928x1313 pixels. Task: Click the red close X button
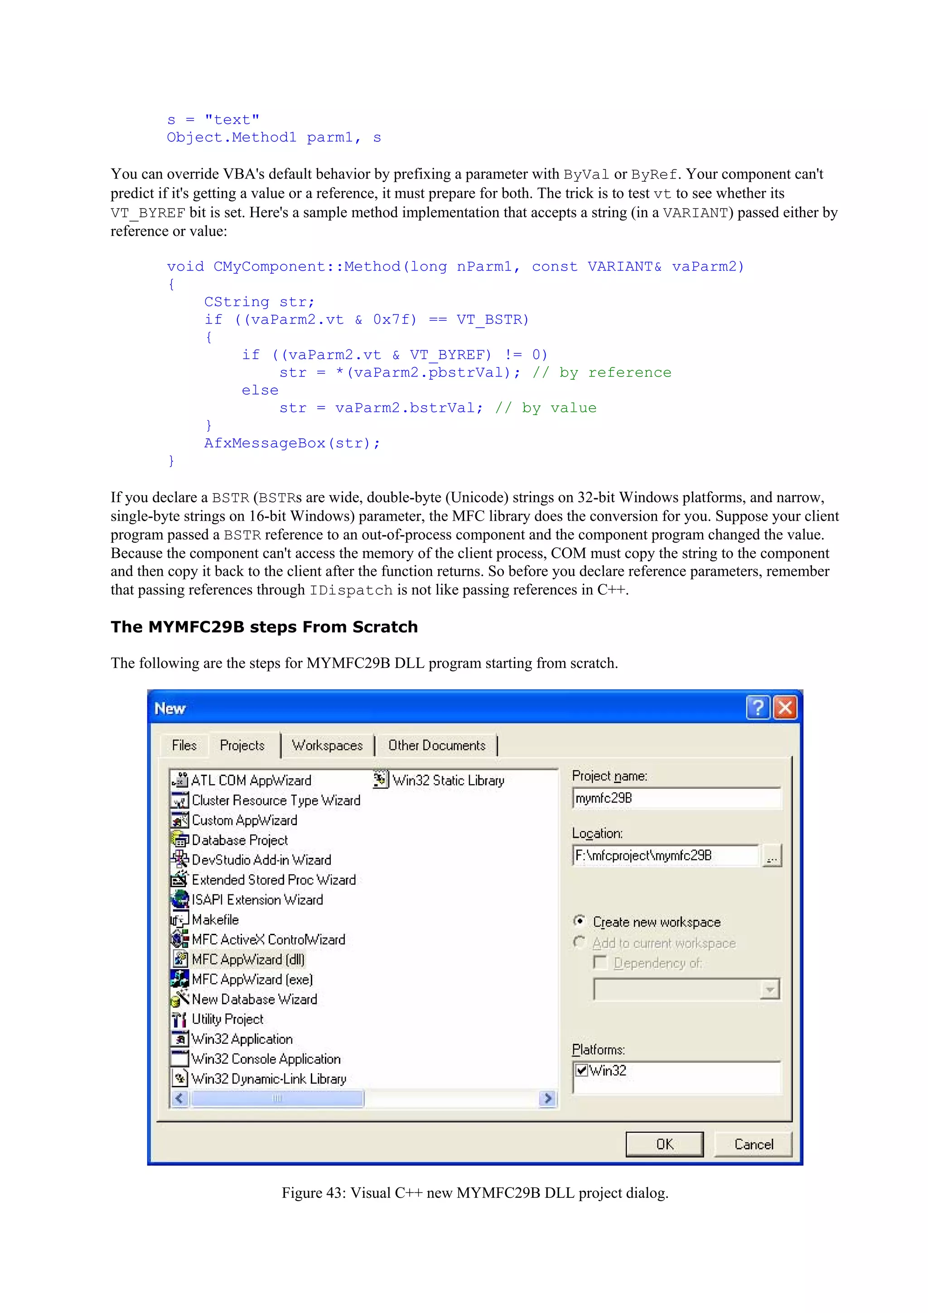point(786,708)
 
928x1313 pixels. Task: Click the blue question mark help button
point(758,708)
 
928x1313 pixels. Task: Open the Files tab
point(184,745)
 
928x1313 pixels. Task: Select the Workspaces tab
point(327,745)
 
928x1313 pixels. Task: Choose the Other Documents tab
point(437,745)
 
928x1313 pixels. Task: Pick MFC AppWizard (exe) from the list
point(252,979)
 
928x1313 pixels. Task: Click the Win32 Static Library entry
point(448,781)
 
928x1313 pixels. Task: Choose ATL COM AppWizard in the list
point(251,781)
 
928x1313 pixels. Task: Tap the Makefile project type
point(215,920)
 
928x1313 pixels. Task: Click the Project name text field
point(676,798)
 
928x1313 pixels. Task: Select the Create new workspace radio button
point(579,921)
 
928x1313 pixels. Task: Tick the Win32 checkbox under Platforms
point(581,1070)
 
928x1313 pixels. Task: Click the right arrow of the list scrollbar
point(548,1098)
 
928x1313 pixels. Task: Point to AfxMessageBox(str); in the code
point(292,443)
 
